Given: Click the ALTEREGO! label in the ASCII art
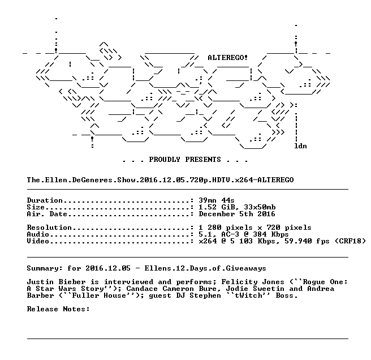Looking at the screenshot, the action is click(227, 58).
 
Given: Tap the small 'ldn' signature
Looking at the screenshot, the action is click(300, 146).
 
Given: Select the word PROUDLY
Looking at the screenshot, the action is click(165, 160).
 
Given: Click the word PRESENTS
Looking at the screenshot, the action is click(203, 160).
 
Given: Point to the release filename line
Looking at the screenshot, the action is click(160, 180).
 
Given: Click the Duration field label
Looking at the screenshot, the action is click(45, 200).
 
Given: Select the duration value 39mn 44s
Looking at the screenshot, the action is click(217, 200).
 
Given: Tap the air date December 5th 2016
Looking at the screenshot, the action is click(237, 214).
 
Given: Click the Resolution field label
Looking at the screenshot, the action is click(49, 228).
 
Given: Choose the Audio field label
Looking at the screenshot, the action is click(38, 234).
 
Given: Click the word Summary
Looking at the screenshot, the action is click(42, 268).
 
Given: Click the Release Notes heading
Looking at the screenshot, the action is click(58, 309).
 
